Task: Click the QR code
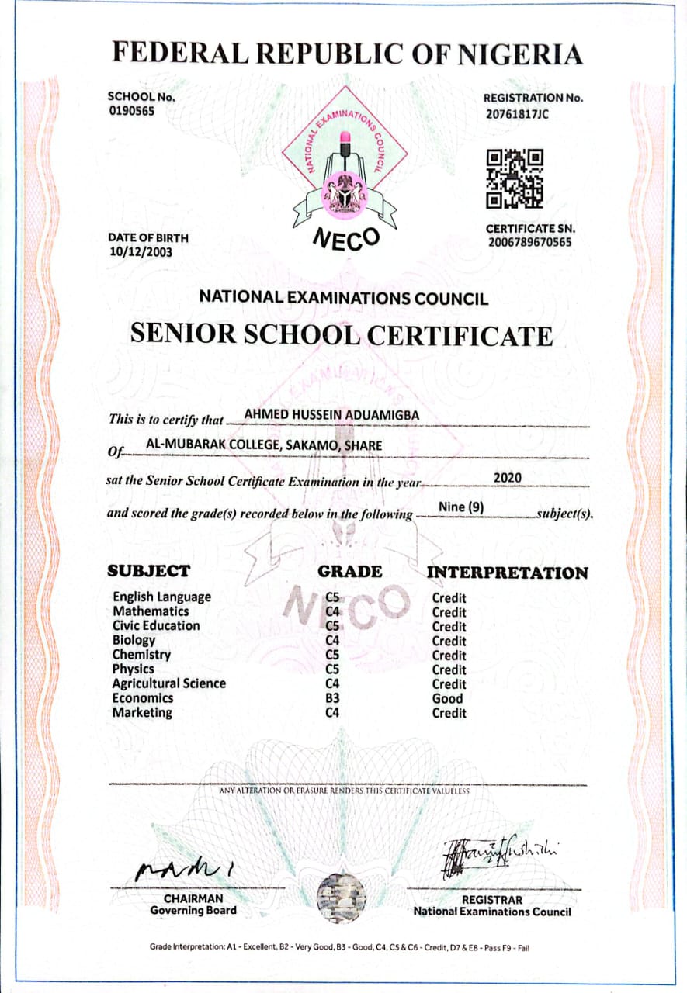point(515,179)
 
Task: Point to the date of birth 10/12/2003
point(141,252)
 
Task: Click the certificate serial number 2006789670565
point(530,243)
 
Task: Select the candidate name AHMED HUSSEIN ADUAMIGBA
point(331,415)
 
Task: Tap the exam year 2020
point(508,477)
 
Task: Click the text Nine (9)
point(462,507)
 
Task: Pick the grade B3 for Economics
point(333,698)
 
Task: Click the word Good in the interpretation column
point(447,698)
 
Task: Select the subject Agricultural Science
point(169,683)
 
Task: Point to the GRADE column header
point(350,572)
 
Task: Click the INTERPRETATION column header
point(508,573)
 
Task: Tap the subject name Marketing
point(143,712)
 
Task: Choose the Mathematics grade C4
point(333,611)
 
